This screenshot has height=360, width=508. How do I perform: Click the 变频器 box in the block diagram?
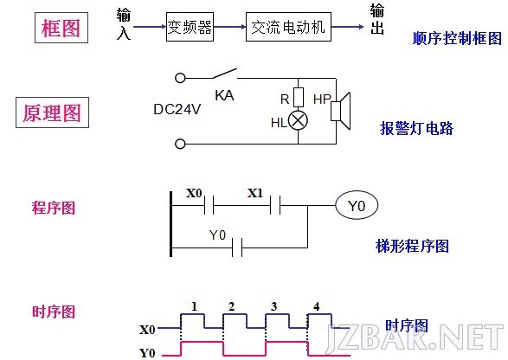[x=190, y=27]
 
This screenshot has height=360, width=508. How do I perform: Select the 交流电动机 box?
[x=288, y=27]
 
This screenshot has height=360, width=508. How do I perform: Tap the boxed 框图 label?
[x=61, y=28]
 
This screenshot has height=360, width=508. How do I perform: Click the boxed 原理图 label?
[x=52, y=112]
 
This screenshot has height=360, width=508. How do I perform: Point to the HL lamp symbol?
[x=298, y=121]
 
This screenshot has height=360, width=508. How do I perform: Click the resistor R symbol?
[x=299, y=97]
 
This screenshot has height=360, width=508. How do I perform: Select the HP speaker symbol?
[x=340, y=111]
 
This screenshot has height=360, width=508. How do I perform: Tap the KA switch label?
[x=224, y=95]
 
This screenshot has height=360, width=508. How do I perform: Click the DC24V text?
[x=177, y=109]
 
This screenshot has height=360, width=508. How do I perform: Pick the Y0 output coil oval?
[x=357, y=205]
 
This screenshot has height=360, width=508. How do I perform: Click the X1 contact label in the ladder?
[x=255, y=194]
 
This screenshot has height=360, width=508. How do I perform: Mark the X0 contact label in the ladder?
[x=194, y=194]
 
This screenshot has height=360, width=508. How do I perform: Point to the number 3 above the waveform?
[x=274, y=306]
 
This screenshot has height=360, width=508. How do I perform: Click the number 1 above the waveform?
[x=194, y=306]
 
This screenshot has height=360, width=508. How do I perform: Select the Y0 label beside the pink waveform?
[x=147, y=352]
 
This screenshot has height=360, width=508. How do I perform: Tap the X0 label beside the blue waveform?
[x=147, y=330]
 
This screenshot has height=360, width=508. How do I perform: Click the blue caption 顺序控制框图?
[x=457, y=38]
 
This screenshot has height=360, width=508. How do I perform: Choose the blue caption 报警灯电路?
[x=416, y=128]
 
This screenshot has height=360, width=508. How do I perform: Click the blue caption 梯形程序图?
[x=413, y=246]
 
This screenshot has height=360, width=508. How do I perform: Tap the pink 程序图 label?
[x=54, y=208]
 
